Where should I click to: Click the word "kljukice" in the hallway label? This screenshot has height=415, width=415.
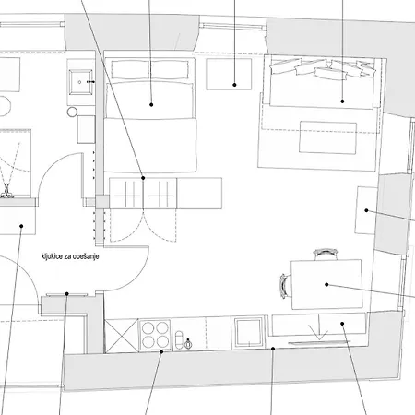[x=52, y=256]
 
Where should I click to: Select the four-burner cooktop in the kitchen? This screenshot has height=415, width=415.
[x=155, y=335]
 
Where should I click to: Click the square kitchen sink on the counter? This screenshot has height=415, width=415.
[x=249, y=332]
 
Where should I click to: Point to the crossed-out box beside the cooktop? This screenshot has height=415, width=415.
[x=122, y=336]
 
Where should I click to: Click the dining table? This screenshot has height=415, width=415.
[x=326, y=284]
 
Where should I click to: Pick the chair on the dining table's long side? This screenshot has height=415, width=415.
[x=326, y=254]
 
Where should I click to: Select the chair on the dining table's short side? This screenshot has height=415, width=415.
[x=285, y=286]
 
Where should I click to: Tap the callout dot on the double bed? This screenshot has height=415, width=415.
[x=151, y=105]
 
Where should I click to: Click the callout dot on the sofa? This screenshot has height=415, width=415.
[x=342, y=101]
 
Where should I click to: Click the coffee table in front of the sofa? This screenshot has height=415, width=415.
[x=328, y=137]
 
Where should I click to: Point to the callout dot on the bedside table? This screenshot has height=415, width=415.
[x=234, y=85]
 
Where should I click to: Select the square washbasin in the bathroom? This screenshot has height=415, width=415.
[x=80, y=82]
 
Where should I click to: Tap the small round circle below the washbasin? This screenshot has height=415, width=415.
[x=72, y=113]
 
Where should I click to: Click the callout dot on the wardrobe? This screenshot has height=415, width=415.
[x=143, y=178]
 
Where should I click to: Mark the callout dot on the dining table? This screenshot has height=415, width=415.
[x=326, y=285]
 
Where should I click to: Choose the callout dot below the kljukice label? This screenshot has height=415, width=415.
[x=67, y=294]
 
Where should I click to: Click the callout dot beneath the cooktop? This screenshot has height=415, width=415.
[x=161, y=351]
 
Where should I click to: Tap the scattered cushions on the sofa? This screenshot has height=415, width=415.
[x=323, y=68]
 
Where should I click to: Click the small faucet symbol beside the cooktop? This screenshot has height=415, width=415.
[x=188, y=343]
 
